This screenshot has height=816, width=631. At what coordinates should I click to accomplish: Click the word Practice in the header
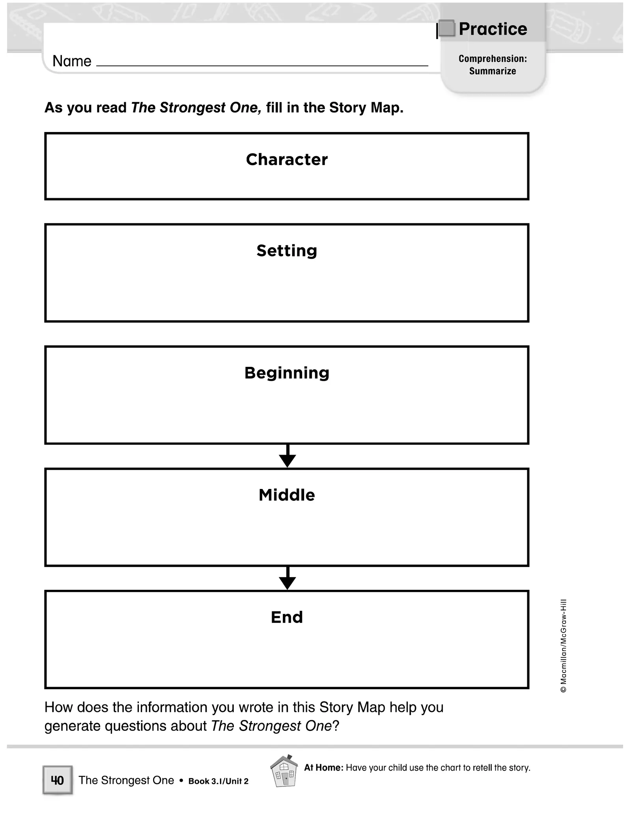click(x=493, y=29)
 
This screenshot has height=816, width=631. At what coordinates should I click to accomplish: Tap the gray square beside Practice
click(x=447, y=28)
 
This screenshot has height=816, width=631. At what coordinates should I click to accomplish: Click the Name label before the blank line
click(x=72, y=61)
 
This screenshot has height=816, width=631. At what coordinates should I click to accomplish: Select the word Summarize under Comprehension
click(x=492, y=71)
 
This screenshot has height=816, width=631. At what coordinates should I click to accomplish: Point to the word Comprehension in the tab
click(x=492, y=59)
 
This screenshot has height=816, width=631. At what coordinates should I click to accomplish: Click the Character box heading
click(x=287, y=160)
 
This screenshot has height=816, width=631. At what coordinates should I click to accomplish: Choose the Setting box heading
click(x=287, y=251)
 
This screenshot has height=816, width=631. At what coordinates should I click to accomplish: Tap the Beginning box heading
click(x=287, y=373)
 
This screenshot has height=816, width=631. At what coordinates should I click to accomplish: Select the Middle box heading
click(x=287, y=495)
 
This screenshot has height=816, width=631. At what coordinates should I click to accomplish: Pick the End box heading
click(x=287, y=617)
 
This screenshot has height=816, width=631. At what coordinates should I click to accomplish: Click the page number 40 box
click(x=58, y=780)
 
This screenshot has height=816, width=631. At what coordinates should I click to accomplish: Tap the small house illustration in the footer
click(x=284, y=771)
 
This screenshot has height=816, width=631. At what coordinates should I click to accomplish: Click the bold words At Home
click(x=323, y=768)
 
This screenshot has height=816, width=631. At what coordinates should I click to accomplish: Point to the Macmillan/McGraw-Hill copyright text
click(x=564, y=646)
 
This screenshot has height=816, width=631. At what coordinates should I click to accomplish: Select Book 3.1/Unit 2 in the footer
click(x=218, y=781)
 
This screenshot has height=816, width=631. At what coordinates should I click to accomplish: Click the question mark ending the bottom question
click(x=336, y=726)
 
